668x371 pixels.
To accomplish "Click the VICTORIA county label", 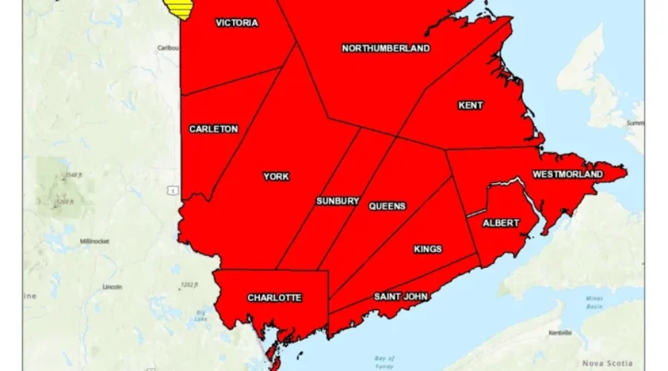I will coord(237,23).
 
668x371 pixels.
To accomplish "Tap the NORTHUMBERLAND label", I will coord(385,48).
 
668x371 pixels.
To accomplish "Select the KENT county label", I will coord(471,105).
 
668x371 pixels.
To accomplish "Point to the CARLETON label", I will coord(213,129).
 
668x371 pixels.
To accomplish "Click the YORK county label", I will coord(276,177).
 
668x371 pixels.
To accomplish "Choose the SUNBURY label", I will coord(338,201).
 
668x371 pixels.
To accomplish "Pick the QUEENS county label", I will coord(387,206).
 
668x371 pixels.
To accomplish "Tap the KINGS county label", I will coord(428,249).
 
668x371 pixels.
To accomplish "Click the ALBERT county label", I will coord(501,223).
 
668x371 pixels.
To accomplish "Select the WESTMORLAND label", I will coord(568,174).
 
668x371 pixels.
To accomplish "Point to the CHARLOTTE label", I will coord(275,298).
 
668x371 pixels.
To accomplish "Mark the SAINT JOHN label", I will coord(401,297).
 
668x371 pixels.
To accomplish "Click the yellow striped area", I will coord(178,8).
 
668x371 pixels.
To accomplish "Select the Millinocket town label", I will coord(95,242).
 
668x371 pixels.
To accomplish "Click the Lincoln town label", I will coord(113,287).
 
